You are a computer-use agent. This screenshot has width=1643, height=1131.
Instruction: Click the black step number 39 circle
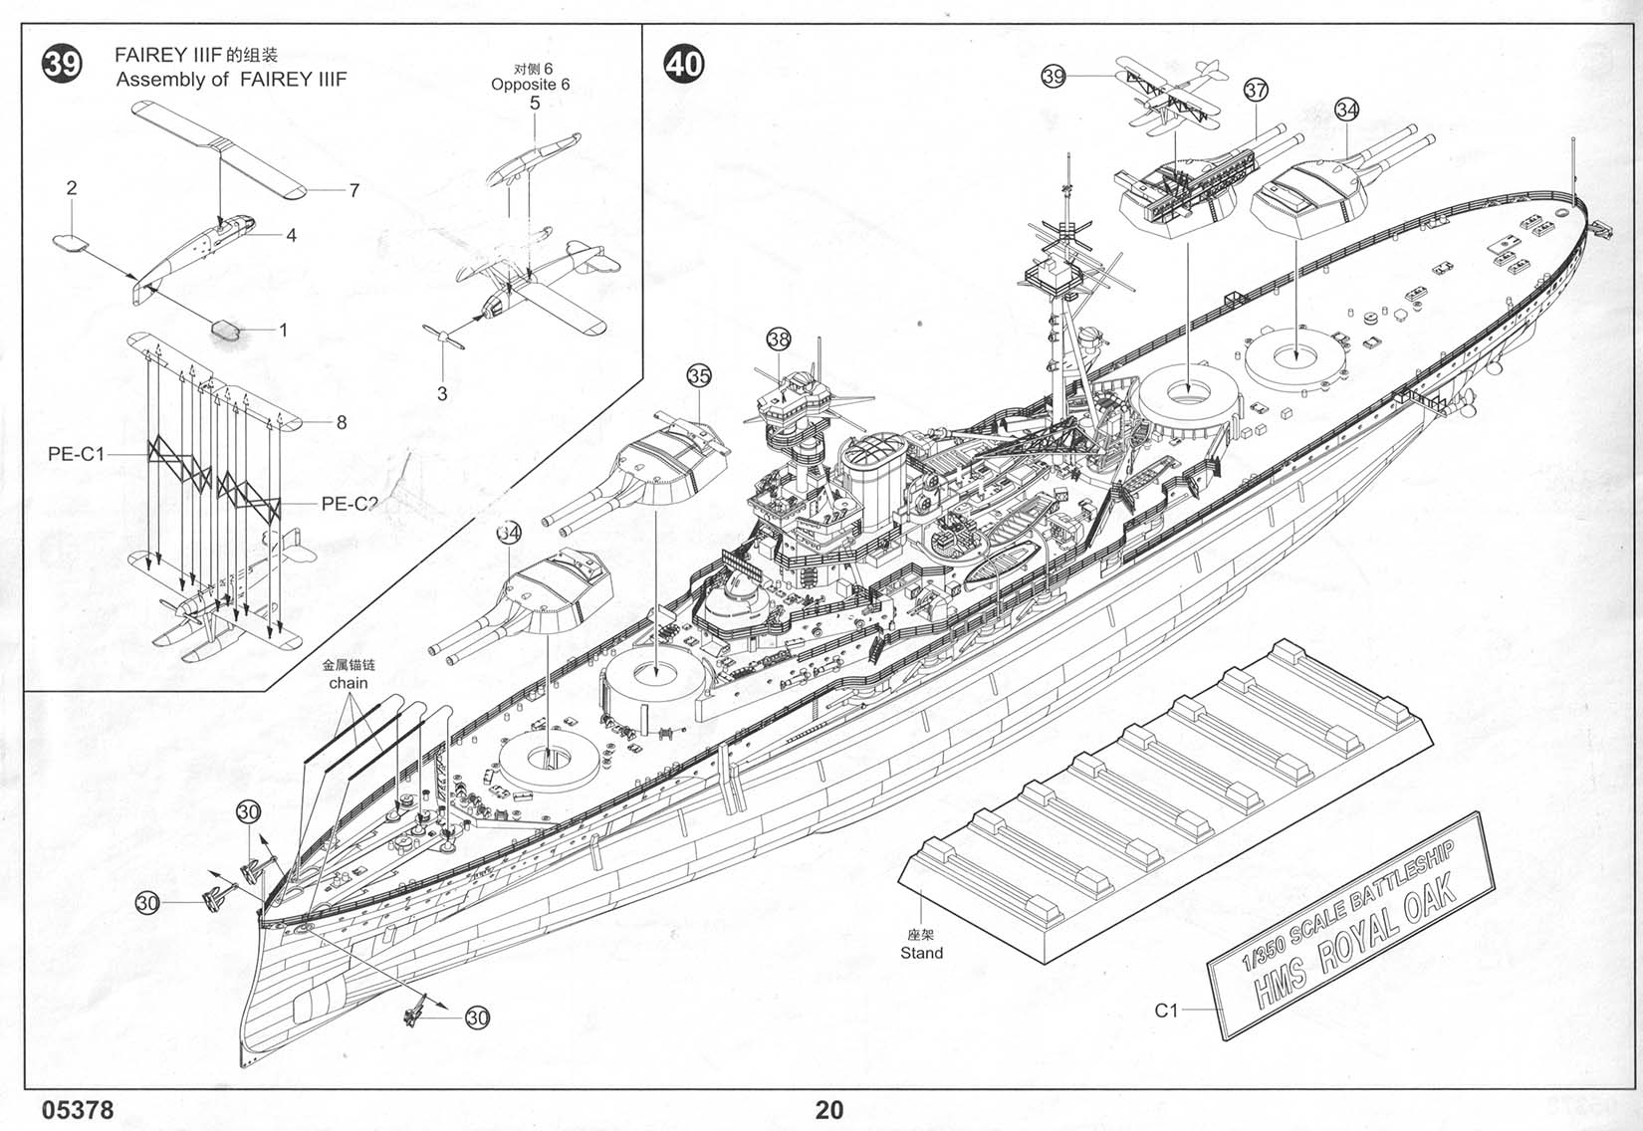pyautogui.click(x=61, y=65)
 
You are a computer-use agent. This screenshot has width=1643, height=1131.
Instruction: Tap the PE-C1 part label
pyautogui.click(x=76, y=454)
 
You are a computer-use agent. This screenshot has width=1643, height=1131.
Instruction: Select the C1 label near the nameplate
pyautogui.click(x=1166, y=1011)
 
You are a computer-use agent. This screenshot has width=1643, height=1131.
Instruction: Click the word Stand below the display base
pyautogui.click(x=921, y=953)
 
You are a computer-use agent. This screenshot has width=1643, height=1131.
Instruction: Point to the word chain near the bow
pyautogui.click(x=348, y=683)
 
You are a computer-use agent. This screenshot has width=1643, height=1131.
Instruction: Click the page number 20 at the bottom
pyautogui.click(x=828, y=1109)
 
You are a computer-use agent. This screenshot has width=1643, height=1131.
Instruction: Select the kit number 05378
pyautogui.click(x=79, y=1109)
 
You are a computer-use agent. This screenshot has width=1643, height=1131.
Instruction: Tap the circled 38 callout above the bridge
pyautogui.click(x=778, y=339)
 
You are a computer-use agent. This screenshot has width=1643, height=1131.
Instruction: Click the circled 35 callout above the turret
pyautogui.click(x=699, y=375)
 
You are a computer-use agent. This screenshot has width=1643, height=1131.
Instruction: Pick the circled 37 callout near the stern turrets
pyautogui.click(x=1256, y=90)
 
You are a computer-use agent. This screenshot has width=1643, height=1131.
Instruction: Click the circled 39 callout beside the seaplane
pyautogui.click(x=1054, y=76)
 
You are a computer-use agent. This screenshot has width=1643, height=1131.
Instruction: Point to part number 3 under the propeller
pyautogui.click(x=442, y=393)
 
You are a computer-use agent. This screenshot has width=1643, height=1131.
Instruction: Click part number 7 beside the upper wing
pyautogui.click(x=353, y=189)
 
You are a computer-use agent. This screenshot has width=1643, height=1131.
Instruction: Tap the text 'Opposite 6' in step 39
pyautogui.click(x=531, y=85)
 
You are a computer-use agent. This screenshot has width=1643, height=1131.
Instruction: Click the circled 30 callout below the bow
pyautogui.click(x=478, y=1018)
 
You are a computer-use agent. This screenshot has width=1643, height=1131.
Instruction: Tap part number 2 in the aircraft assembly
pyautogui.click(x=72, y=187)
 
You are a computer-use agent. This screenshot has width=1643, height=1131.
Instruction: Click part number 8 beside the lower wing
pyautogui.click(x=342, y=422)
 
